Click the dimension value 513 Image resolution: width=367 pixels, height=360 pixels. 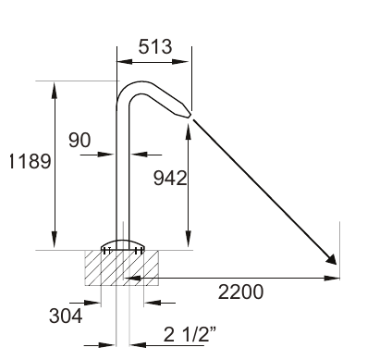point(155,47)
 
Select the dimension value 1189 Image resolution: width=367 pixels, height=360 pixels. point(30,161)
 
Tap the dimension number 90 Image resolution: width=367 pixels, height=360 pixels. point(80,140)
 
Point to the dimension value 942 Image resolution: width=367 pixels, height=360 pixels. point(170,178)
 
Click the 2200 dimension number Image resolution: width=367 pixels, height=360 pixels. point(240,292)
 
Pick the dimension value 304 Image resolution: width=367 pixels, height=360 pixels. point(66,316)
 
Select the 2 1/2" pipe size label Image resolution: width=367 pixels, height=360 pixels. point(190,334)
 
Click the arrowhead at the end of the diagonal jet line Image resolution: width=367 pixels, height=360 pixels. point(332,259)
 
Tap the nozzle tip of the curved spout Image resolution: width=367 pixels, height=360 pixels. point(189,115)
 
